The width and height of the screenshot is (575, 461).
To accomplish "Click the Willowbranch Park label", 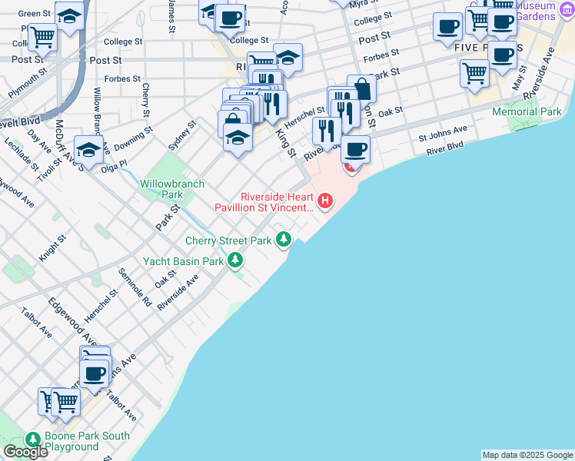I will [x=162, y=189].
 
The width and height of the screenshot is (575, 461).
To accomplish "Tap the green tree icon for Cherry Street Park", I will [x=284, y=240].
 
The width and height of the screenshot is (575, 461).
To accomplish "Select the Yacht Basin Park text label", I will [x=183, y=261].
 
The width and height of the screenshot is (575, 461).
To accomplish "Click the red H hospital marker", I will [x=325, y=201].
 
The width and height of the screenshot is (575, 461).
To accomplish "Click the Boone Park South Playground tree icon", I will [x=32, y=439].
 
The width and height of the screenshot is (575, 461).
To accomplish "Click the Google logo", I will [x=25, y=452].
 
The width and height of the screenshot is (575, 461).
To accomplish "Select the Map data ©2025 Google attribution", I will [x=527, y=455].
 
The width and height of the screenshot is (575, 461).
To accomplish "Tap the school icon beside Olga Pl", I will [x=89, y=150].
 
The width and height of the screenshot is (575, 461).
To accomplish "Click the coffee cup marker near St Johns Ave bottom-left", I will [x=95, y=374].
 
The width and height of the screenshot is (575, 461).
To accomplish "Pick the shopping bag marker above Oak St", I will [x=361, y=89].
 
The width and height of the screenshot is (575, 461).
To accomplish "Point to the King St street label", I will [x=286, y=142].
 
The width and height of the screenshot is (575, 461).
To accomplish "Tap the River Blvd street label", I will [x=446, y=145].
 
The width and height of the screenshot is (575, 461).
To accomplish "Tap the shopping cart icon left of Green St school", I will [x=42, y=35].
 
